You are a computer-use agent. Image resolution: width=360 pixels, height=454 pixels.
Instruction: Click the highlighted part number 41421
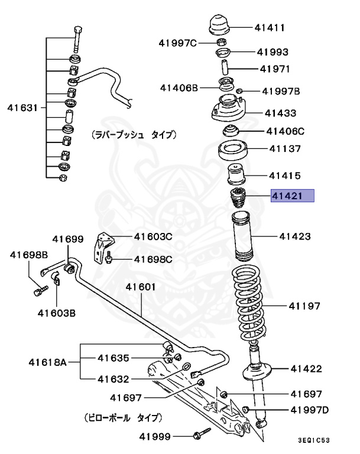(x=292, y=196)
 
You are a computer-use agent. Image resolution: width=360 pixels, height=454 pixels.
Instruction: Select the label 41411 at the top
(x=270, y=27)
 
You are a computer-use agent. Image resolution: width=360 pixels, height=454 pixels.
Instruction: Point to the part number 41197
(x=304, y=306)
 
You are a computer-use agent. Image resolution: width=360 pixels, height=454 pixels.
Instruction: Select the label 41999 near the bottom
(x=155, y=437)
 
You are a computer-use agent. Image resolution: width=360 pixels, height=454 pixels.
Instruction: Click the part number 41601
(x=140, y=287)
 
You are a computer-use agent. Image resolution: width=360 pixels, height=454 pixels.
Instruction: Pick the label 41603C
(x=153, y=237)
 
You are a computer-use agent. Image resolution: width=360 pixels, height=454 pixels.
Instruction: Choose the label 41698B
(x=28, y=255)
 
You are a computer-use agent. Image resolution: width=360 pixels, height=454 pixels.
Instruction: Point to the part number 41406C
(x=284, y=131)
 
